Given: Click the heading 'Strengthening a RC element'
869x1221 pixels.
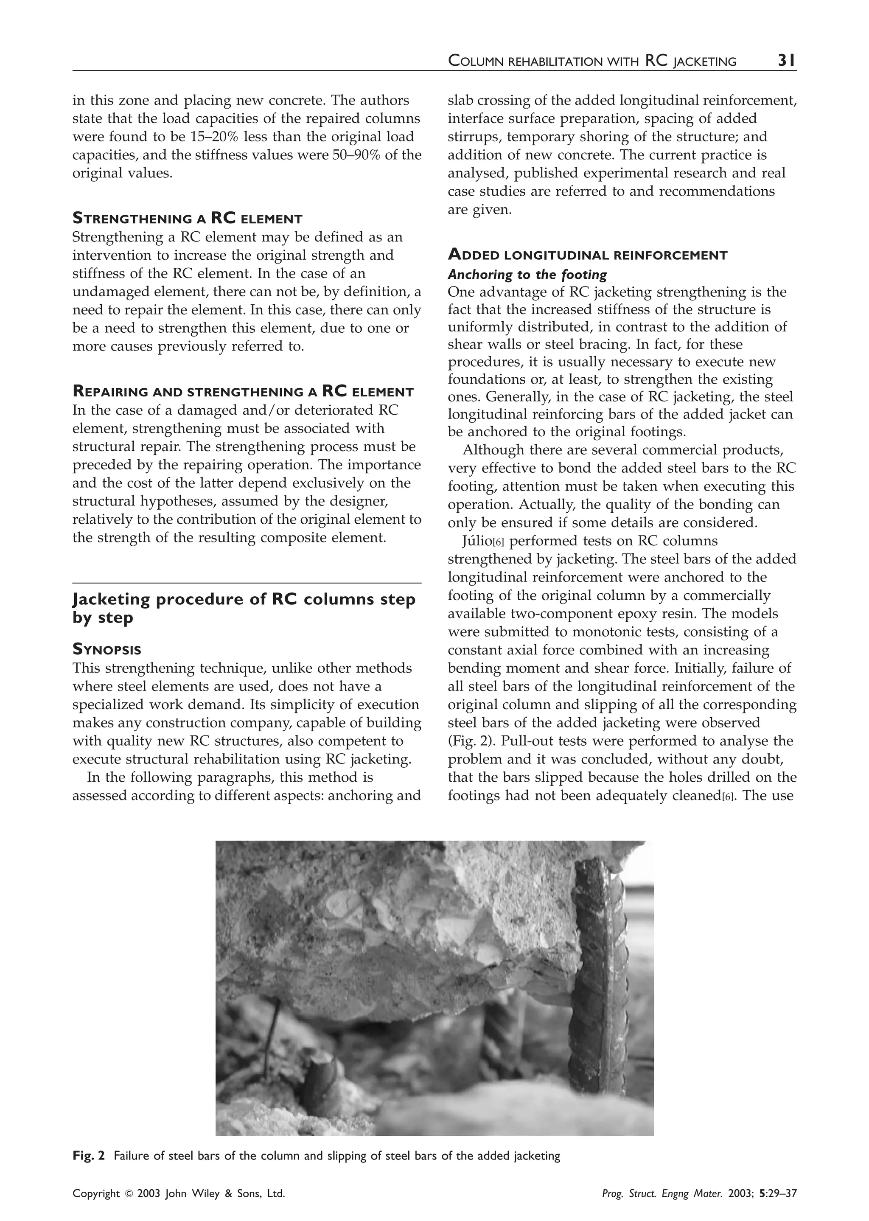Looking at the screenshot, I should coord(187,218).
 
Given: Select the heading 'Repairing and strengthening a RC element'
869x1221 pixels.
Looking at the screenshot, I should coord(243,392).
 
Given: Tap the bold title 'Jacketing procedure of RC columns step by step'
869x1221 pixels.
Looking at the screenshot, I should coord(244,608).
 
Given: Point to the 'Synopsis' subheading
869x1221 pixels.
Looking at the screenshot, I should coord(107,650).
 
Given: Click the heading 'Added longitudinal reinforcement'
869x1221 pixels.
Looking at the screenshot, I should coord(587,255).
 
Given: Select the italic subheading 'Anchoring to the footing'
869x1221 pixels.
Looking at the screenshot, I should coord(527,275).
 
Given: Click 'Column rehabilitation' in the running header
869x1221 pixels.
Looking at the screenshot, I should coord(543,62).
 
